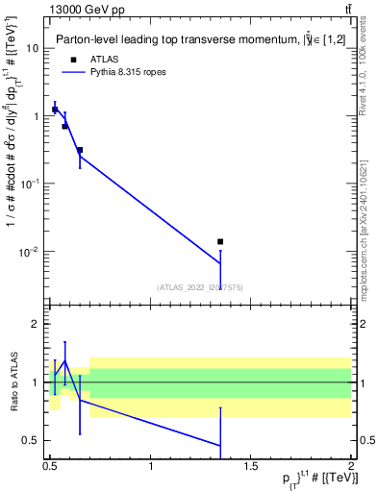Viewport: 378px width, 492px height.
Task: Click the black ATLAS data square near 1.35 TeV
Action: (220, 242)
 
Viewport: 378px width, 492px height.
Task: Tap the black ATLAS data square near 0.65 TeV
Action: (80, 151)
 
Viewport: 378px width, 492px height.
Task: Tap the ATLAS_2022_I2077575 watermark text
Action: (200, 287)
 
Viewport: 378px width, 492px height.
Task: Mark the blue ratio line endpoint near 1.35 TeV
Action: (220, 445)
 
